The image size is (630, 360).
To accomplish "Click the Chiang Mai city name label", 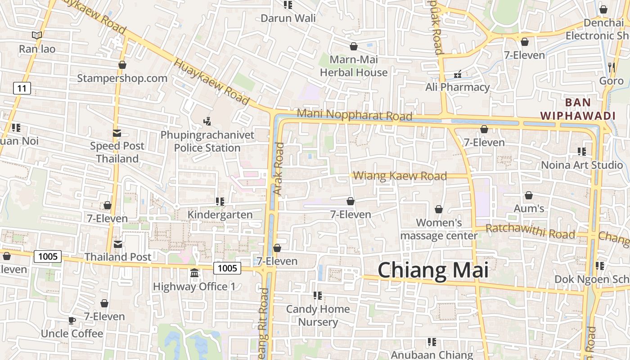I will [433, 270].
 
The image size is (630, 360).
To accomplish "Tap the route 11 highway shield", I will [22, 88].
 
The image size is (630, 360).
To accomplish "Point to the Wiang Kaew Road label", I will [400, 175].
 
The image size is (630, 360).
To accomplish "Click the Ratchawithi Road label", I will [531, 231].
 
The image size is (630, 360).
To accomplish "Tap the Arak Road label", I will [279, 169].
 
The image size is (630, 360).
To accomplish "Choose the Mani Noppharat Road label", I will [355, 115].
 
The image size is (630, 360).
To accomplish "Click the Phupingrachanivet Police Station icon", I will [207, 121].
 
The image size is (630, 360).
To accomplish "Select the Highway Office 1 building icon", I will [194, 273].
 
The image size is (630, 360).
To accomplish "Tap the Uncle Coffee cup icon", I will [72, 320].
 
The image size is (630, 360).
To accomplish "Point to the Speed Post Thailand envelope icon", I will [117, 133].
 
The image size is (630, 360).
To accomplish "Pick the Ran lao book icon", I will [37, 35].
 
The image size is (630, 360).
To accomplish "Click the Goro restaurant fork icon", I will [611, 67].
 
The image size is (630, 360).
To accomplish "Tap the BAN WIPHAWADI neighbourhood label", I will [578, 109].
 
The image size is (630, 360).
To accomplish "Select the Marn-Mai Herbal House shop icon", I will [354, 46].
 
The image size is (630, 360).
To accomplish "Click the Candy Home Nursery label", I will [318, 315].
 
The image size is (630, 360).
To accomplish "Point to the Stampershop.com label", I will [122, 78].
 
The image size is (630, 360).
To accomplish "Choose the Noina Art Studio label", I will [582, 165].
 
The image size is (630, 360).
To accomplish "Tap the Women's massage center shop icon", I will [439, 209].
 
